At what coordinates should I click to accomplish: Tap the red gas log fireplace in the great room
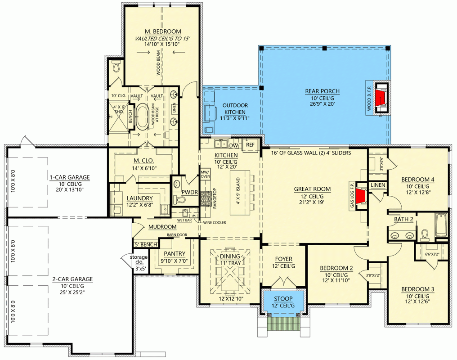click(x=360, y=197)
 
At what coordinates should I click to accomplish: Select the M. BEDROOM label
click(x=163, y=31)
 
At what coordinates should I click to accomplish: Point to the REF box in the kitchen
click(x=251, y=145)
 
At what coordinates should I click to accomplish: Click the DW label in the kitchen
click(x=233, y=145)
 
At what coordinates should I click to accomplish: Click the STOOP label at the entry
click(x=283, y=299)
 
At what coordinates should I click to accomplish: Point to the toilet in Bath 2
click(x=425, y=235)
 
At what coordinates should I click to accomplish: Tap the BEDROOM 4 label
click(x=418, y=180)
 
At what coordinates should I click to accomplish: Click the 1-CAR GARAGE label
click(x=70, y=177)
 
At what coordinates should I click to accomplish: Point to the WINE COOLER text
click(x=214, y=223)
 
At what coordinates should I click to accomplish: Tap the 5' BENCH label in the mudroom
click(x=146, y=244)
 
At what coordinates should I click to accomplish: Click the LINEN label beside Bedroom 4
click(x=377, y=185)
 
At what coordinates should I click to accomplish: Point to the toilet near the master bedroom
click(x=117, y=67)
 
